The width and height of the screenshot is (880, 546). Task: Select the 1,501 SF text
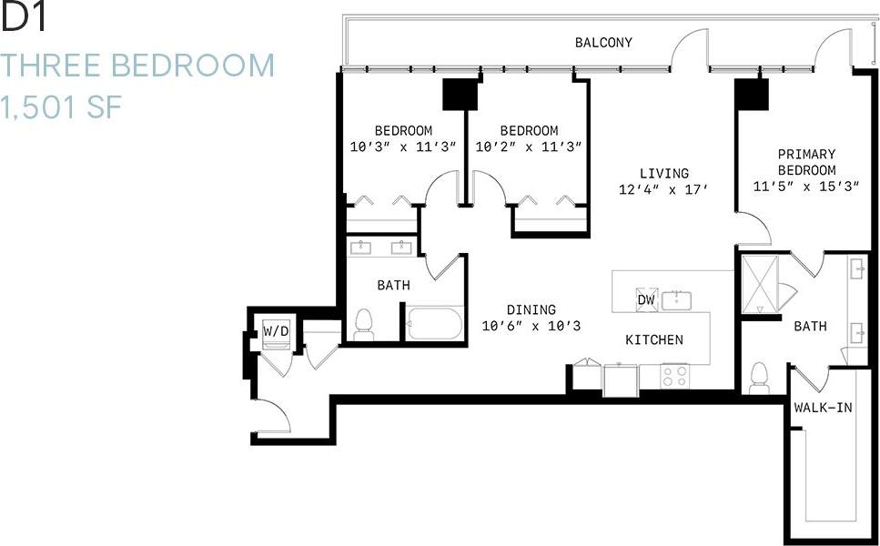(x=62, y=108)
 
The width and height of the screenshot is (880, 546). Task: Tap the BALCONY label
(x=602, y=43)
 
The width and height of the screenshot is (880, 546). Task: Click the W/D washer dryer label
(x=276, y=331)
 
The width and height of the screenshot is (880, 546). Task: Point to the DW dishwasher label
(x=645, y=300)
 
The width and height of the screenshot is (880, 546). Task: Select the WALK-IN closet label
(x=823, y=408)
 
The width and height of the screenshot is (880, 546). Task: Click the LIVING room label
(x=663, y=173)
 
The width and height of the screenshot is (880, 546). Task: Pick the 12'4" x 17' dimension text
(x=663, y=189)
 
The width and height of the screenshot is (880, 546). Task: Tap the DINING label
(x=532, y=309)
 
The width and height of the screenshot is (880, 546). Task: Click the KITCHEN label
(x=653, y=339)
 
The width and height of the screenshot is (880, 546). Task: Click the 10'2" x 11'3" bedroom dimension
(x=529, y=147)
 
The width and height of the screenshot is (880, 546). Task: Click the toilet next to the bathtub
(x=365, y=324)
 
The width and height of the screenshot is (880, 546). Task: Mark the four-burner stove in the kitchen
(x=674, y=374)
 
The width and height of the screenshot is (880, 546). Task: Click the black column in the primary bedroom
(x=752, y=92)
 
